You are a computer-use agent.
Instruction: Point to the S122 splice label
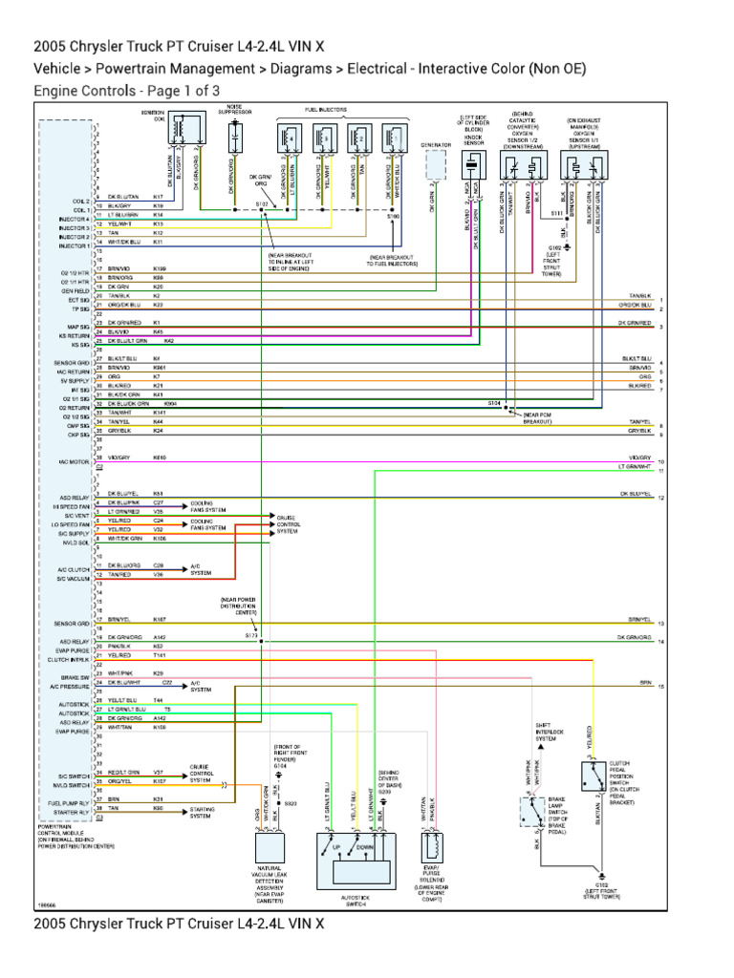pyautogui.click(x=261, y=204)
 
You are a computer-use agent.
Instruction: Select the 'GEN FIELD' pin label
pyautogui.click(x=76, y=290)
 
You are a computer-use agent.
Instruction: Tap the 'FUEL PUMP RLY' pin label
pyautogui.click(x=69, y=803)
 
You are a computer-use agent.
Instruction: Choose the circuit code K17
pyautogui.click(x=159, y=197)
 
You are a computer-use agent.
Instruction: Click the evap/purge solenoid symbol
pyautogui.click(x=431, y=845)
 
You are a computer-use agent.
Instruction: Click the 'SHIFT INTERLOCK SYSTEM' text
pyautogui.click(x=546, y=732)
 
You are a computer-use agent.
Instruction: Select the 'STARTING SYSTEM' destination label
pyautogui.click(x=202, y=812)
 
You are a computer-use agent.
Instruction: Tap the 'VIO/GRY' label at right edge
pyautogui.click(x=640, y=457)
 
